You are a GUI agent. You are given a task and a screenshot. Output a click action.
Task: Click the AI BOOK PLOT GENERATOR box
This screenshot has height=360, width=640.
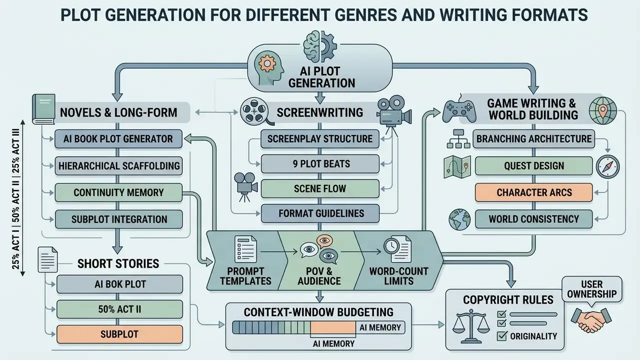pos(118,139)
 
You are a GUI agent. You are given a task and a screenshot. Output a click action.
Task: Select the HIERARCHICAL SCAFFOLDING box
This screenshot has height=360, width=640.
pos(118,165)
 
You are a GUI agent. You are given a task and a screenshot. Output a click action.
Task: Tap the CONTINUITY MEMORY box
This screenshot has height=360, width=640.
pos(118,192)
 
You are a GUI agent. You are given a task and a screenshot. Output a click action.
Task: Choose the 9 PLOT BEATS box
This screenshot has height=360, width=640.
pos(320,163)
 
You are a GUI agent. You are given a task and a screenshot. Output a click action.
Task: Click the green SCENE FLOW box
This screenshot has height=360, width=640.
pos(320,188)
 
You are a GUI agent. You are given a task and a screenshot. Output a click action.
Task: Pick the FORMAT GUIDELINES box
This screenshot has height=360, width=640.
pos(320,213)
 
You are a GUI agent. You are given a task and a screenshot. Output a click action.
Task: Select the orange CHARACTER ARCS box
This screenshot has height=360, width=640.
pos(533,192)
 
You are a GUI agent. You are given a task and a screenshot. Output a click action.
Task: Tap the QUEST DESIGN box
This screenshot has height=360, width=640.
pos(533,165)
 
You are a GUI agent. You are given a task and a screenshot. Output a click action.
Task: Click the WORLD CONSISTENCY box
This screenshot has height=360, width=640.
pos(533,219)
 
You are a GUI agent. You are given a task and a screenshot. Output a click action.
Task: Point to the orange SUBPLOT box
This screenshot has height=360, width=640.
pos(119,334)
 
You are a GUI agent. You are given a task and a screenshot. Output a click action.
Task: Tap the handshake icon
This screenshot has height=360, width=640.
pos(591,320)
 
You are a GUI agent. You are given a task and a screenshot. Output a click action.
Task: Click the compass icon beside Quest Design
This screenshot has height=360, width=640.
pos(607,166)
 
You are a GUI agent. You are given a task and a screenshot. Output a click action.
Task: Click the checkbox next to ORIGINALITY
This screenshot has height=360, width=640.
pos(501,336)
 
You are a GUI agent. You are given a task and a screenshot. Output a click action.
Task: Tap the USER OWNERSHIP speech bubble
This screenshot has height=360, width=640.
pos(591,289)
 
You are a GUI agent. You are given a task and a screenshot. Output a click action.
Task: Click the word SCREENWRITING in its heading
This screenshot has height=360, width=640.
pos(320,112)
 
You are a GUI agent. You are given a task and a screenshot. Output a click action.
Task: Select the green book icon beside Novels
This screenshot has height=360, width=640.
pos(43,109)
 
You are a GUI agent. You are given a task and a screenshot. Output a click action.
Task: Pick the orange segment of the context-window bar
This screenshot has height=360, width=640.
pos(333,327)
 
